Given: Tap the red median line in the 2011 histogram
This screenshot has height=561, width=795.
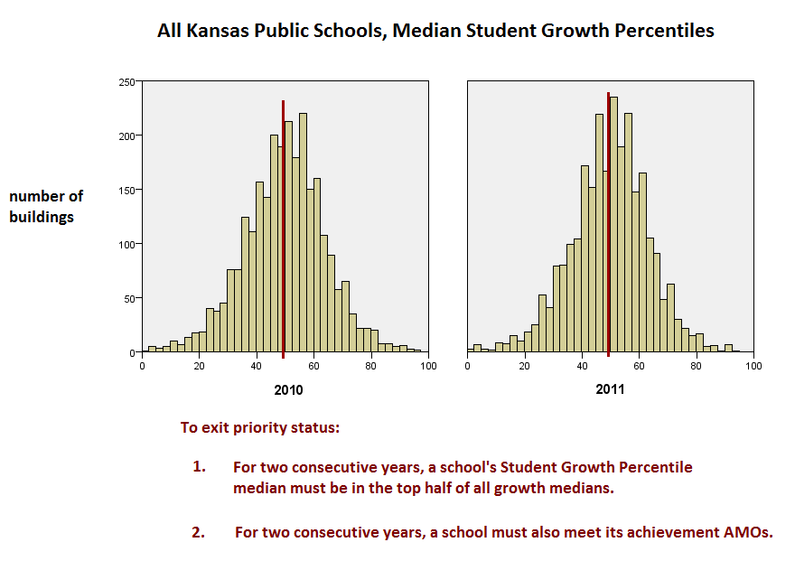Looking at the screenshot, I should [x=609, y=226].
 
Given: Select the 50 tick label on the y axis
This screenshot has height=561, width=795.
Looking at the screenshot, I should [x=129, y=299].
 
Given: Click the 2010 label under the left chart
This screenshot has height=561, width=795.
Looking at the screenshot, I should [x=288, y=390].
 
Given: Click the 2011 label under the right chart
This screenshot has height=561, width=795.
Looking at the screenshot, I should [x=611, y=389].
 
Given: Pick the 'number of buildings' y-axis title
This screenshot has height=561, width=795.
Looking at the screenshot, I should [x=46, y=206].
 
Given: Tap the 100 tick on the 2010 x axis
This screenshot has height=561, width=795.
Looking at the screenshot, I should [x=428, y=366].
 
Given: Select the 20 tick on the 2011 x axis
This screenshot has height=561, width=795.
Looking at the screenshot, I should [x=525, y=366].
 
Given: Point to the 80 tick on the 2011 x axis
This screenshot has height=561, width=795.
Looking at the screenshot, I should [x=697, y=366].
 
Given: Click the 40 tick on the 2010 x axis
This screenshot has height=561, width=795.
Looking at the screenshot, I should [x=257, y=366].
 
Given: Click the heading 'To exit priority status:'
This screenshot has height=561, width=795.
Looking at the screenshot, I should [x=260, y=427].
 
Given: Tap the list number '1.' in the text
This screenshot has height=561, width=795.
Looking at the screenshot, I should [x=199, y=467].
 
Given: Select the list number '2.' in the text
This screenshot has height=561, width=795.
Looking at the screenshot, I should [x=199, y=531].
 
